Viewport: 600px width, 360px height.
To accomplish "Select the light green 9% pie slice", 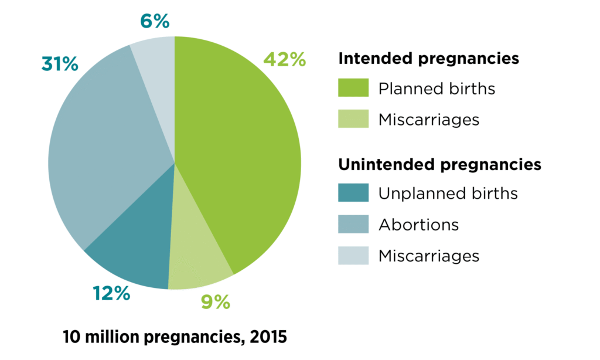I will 196,252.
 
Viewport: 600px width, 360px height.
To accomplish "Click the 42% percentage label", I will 284,60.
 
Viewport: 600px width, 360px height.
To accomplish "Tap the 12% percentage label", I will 111,294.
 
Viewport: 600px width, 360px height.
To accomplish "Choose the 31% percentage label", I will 60,64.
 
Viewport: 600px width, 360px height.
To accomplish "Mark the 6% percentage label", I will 155,22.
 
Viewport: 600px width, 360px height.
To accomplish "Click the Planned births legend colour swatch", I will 353,89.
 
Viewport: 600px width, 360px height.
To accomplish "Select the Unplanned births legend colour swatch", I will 353,193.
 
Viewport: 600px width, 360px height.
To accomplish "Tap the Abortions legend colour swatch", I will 353,224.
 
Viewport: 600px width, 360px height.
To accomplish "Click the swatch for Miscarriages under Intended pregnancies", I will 353,119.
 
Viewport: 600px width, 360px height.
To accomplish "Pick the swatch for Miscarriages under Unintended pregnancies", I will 353,256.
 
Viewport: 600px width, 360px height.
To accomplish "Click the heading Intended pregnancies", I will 429,59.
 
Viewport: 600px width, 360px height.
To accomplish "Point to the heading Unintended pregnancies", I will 439,165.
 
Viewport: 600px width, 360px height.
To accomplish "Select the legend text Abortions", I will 418,225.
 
